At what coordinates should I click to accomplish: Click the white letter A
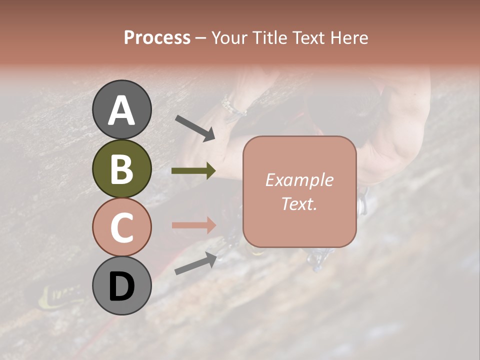(121, 111)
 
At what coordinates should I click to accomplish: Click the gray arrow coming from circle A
(195, 127)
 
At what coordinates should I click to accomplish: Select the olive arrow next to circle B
(193, 171)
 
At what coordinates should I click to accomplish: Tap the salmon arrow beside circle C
(193, 224)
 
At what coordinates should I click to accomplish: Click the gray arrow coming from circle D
(195, 263)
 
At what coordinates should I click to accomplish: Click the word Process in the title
(157, 37)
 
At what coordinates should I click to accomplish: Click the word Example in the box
(299, 180)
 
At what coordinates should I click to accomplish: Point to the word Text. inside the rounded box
(299, 203)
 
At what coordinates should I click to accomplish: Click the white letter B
(121, 169)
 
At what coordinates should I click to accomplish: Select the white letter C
(121, 227)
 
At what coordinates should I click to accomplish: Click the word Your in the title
(228, 37)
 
